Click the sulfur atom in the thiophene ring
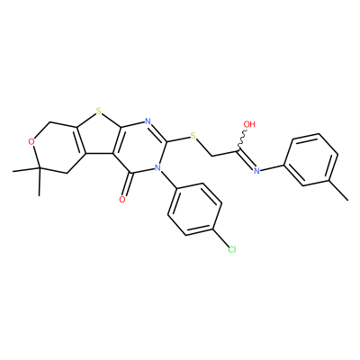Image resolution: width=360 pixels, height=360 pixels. coord(99,112)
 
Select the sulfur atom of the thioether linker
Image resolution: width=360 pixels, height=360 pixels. coord(193,137)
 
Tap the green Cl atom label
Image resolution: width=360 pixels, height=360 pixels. coord(231,249)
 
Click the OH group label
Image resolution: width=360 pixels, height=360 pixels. coord(249,124)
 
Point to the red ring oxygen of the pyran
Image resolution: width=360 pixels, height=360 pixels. coord(31,142)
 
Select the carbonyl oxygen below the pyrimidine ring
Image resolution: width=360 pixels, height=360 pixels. coord(121,200)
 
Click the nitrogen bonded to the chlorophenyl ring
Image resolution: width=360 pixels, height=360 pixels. coord(157,167)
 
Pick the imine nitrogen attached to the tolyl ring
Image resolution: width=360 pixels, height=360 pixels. coord(256,171)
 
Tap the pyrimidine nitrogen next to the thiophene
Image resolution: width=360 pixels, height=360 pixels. coord(148,121)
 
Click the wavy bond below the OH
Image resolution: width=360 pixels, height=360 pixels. coord(242,140)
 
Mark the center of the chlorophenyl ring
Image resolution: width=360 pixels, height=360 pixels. coord(195,209)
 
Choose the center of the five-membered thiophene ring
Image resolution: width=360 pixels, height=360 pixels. coord(97,134)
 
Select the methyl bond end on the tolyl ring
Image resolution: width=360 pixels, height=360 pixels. coord(348,200)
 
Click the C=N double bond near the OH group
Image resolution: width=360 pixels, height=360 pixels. coord(247,158)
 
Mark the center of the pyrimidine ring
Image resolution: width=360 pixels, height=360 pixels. coord(140,147)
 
